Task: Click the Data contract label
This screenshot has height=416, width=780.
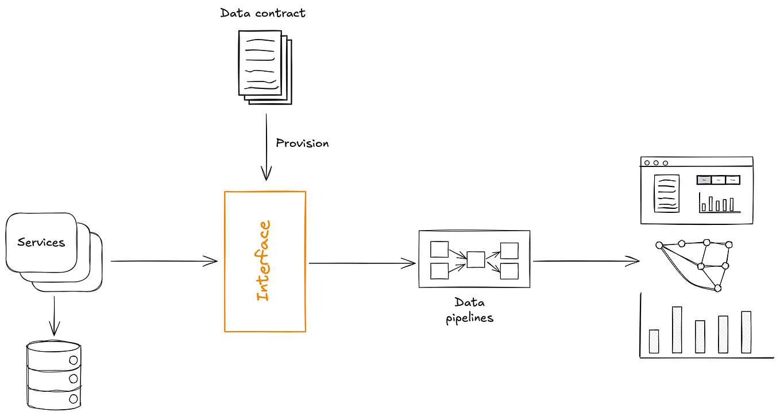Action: tap(262, 13)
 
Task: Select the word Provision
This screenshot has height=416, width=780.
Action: tap(302, 143)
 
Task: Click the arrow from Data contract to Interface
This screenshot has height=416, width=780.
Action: tap(266, 146)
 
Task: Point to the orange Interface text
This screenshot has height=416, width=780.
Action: tap(263, 261)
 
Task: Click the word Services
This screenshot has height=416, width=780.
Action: tap(41, 242)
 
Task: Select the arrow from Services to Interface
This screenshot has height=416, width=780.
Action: tap(164, 261)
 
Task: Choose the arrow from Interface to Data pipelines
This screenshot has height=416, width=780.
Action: tap(362, 263)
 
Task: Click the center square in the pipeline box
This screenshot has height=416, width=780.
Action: tap(476, 259)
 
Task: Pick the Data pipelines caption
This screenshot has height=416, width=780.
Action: tap(469, 310)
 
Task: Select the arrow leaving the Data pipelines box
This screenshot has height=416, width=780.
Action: tap(586, 261)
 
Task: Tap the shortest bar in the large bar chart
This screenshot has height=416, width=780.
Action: tap(654, 341)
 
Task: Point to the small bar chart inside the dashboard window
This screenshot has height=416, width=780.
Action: tap(719, 203)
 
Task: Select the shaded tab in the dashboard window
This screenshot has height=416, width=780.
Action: tap(704, 180)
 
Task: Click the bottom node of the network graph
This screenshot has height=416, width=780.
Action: tap(717, 287)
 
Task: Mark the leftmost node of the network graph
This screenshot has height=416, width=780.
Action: tap(659, 245)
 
